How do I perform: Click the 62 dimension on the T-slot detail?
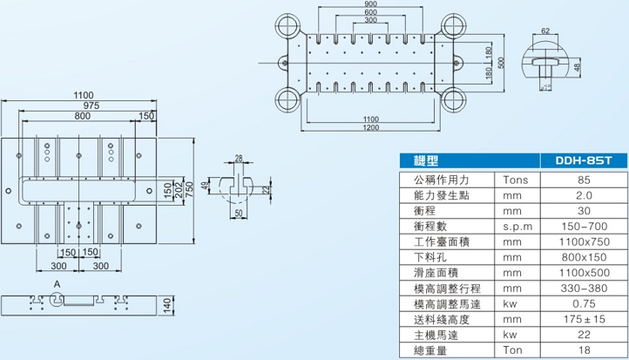[x=545, y=31]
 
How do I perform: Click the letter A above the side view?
[x=55, y=285]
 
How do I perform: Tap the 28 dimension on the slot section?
[x=239, y=158]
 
